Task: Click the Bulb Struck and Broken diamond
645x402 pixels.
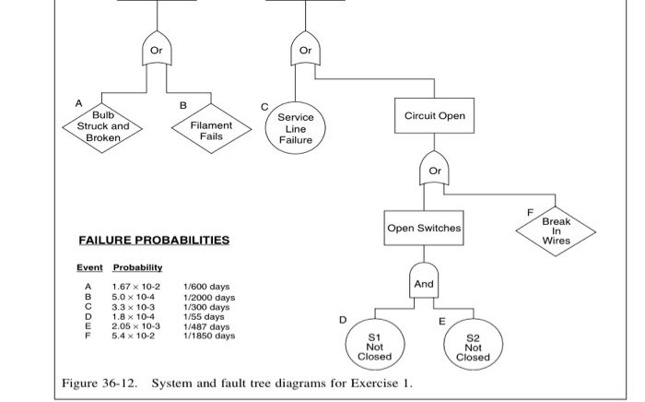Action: coord(103,126)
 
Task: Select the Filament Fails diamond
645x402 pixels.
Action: coord(211,131)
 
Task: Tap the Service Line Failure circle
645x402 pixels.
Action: coord(296,128)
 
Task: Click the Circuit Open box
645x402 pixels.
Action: coord(434,116)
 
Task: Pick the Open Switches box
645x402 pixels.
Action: coord(424,228)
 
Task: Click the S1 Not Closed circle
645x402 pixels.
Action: coord(374,344)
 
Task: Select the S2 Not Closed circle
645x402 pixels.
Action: coord(473,344)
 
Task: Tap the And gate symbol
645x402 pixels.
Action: coord(424,283)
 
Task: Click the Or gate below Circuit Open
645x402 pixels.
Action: coord(435,171)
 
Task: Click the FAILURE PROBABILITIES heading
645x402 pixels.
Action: coord(153,241)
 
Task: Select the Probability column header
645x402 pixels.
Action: coord(137,267)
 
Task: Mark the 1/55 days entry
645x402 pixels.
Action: coord(205,317)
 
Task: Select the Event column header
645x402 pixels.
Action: coord(89,267)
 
